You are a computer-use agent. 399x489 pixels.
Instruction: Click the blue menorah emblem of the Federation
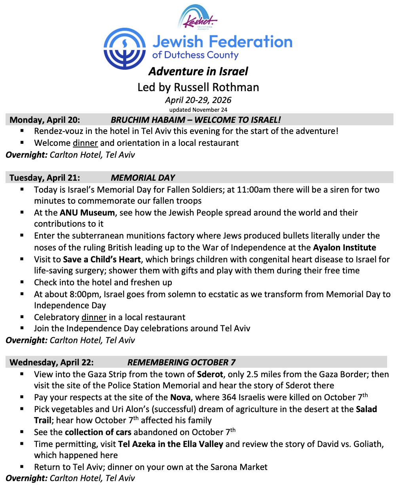[x=124, y=48]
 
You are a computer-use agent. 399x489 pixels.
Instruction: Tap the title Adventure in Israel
[x=198, y=71]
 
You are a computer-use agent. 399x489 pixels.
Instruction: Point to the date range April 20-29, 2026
[x=198, y=100]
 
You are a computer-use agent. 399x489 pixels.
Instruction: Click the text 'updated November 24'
[x=198, y=110]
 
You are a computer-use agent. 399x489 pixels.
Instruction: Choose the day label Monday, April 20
[x=45, y=120]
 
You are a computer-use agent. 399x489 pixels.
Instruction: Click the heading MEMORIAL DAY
[x=143, y=178]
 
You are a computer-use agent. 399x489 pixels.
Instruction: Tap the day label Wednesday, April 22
[x=51, y=362]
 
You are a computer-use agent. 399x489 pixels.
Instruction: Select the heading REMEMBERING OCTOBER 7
[x=181, y=362]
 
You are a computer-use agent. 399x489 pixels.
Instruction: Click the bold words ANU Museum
[x=87, y=213]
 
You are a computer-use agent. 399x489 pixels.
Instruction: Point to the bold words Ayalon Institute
[x=344, y=248]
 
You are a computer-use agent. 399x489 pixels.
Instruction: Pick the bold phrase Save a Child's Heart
[x=102, y=260]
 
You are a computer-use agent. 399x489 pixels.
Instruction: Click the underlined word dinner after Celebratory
[x=94, y=317]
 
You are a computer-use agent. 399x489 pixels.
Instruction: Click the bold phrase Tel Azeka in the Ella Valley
[x=171, y=444]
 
